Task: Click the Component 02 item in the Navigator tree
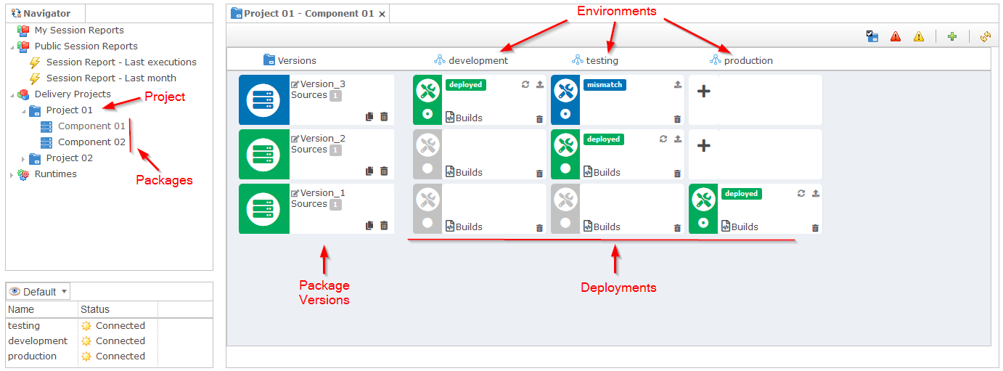click(91, 142)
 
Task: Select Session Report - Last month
click(111, 78)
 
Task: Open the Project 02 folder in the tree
click(69, 158)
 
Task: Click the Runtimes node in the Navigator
click(56, 174)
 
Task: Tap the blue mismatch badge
click(605, 85)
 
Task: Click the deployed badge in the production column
click(742, 194)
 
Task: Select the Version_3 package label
click(322, 83)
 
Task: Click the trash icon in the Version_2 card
click(384, 171)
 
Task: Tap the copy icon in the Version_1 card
click(369, 225)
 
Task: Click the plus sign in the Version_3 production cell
click(703, 91)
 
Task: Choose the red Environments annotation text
click(617, 11)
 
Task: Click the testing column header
click(602, 60)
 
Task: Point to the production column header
click(748, 60)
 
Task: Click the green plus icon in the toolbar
click(952, 36)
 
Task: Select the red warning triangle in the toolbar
click(896, 36)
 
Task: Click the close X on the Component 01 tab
click(382, 14)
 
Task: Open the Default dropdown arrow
click(64, 291)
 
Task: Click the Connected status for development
click(120, 341)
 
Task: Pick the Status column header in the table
click(95, 309)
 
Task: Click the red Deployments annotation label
click(618, 288)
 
